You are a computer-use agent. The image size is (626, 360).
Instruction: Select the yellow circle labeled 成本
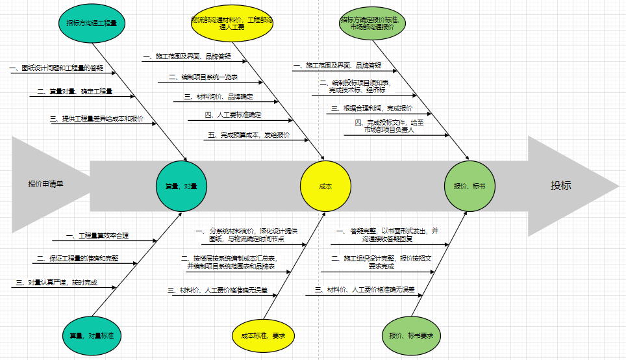(325, 186)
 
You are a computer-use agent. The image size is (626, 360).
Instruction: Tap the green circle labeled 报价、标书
(469, 186)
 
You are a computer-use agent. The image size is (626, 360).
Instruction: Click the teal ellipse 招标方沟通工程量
(92, 23)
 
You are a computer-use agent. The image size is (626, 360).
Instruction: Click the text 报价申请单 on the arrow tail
(46, 184)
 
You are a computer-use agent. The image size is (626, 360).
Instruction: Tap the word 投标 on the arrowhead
(561, 185)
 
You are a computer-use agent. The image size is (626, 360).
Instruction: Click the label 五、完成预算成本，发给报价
(249, 135)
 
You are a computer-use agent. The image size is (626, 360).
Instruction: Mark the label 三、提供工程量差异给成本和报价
(97, 119)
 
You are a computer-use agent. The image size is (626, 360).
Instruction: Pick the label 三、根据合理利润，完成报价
(371, 109)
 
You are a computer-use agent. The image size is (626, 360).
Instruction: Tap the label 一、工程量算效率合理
(97, 235)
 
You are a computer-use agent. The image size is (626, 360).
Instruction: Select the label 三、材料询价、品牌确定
(218, 97)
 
